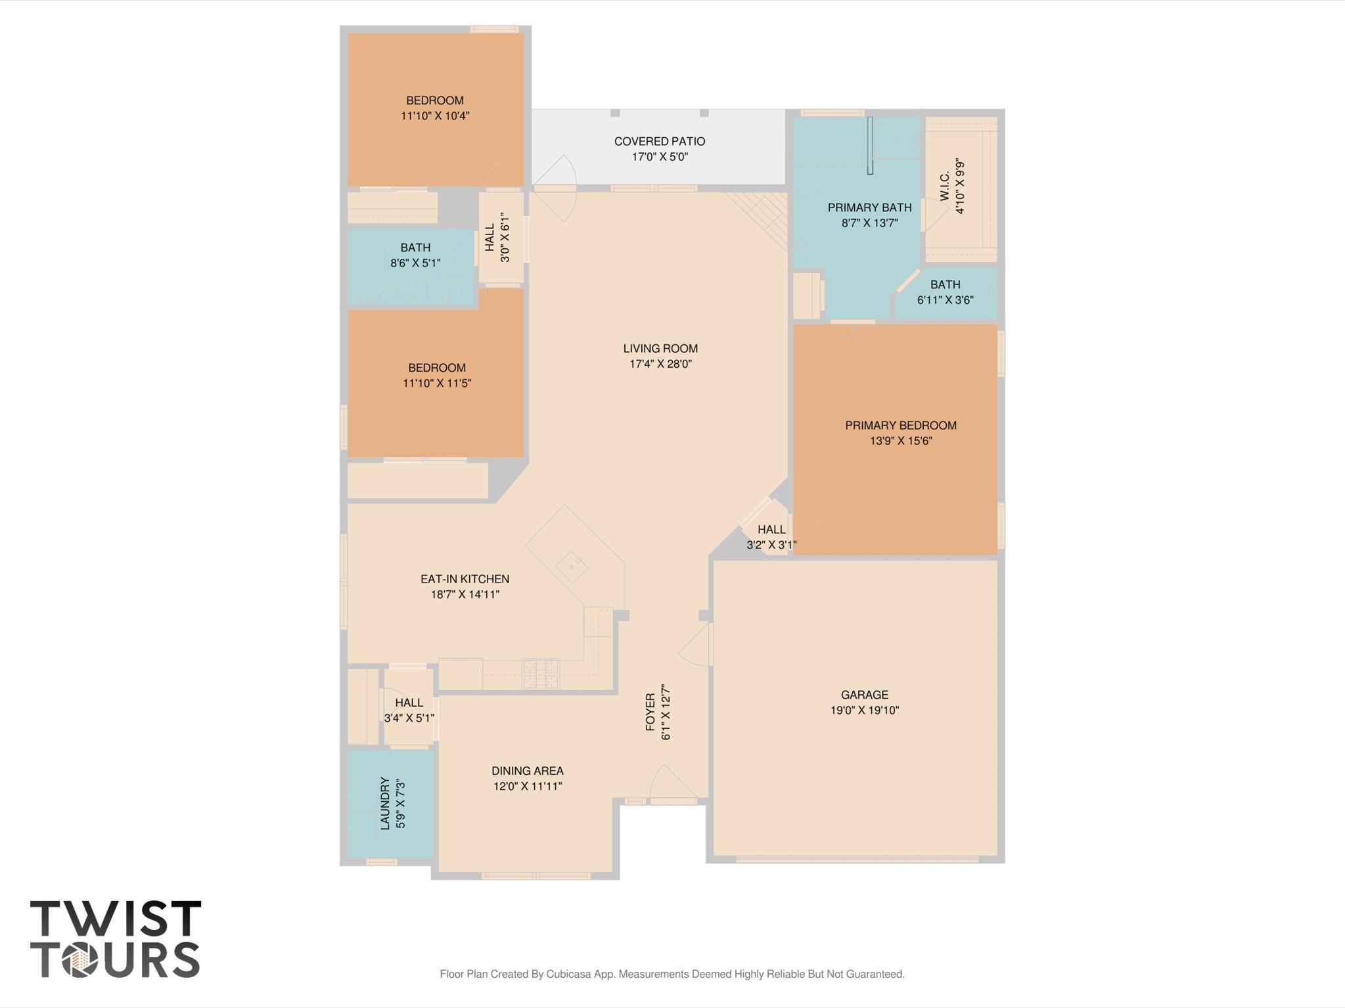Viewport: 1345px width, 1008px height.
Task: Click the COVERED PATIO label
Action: point(659,141)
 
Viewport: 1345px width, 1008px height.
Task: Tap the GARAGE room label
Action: point(864,695)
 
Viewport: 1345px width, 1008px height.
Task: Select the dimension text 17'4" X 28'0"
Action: point(660,364)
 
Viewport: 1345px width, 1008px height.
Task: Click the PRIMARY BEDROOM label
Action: point(900,426)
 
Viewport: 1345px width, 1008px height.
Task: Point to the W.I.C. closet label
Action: point(945,187)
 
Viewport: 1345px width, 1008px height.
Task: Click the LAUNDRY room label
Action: point(386,803)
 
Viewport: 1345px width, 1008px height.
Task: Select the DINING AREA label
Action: point(527,771)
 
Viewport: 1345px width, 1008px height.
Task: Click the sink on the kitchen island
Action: point(572,565)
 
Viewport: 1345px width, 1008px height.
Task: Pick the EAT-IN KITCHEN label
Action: point(465,579)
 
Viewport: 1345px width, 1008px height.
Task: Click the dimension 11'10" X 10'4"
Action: point(435,116)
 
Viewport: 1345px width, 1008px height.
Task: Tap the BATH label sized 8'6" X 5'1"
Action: point(415,248)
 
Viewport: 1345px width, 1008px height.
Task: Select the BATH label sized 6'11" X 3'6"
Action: point(945,284)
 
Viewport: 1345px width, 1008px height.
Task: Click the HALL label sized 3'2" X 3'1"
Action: point(771,529)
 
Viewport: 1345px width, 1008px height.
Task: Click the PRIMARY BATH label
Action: point(869,208)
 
